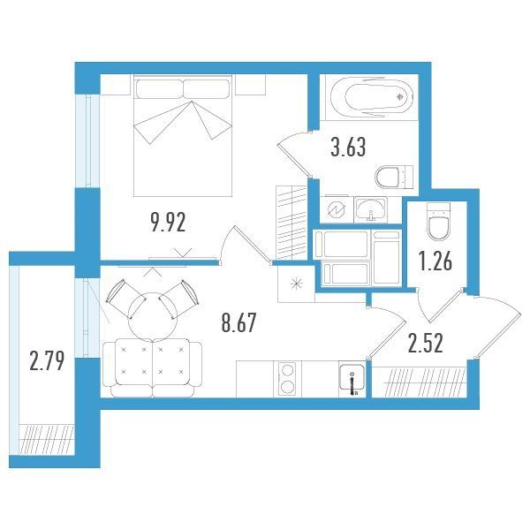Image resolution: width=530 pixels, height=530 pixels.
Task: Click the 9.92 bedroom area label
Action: [x=169, y=223]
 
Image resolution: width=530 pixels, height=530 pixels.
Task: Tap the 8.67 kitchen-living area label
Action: [x=239, y=322]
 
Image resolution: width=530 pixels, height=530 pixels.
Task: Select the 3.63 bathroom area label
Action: [x=348, y=148]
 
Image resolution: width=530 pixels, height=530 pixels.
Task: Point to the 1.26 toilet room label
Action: [x=435, y=261]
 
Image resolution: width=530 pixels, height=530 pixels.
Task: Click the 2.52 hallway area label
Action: [x=425, y=343]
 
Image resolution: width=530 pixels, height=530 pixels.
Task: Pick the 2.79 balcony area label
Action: [x=47, y=360]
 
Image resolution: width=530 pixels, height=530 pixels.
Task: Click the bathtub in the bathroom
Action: [x=372, y=97]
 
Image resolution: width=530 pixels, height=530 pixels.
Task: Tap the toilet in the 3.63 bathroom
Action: [x=394, y=178]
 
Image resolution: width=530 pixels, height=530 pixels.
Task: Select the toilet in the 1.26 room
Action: [x=438, y=222]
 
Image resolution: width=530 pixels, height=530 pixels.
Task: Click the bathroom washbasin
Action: [x=370, y=209]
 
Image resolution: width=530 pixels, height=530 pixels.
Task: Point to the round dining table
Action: [x=153, y=317]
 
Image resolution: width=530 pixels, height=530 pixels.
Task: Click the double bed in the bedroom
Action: [x=183, y=135]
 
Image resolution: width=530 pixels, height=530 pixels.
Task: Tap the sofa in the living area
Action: [x=153, y=367]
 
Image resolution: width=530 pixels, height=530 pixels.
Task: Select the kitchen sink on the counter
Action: [x=352, y=379]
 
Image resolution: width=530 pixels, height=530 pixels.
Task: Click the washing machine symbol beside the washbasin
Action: [x=337, y=210]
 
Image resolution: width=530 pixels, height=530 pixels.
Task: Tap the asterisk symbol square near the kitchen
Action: [x=296, y=284]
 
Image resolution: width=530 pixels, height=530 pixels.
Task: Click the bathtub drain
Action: [x=400, y=97]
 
